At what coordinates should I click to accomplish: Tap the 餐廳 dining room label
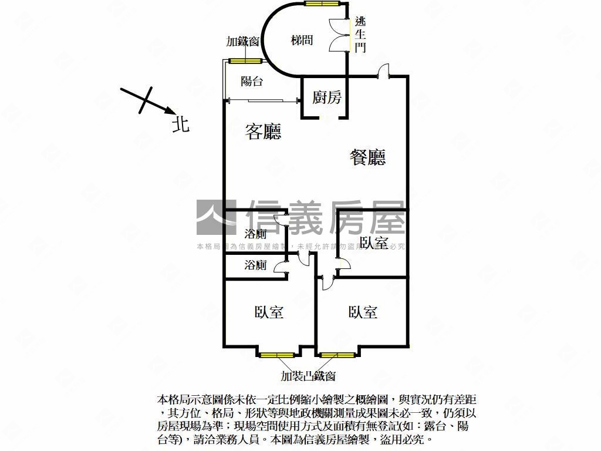368,157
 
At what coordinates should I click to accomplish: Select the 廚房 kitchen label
326,97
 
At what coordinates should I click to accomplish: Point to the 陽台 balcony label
252,82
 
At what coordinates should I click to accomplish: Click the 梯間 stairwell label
302,41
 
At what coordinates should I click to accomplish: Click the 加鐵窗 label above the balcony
243,42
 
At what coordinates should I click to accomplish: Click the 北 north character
181,124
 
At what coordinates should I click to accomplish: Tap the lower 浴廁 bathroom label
255,265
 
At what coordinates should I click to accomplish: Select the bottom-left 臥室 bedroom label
269,312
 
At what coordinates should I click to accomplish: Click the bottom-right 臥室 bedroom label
362,312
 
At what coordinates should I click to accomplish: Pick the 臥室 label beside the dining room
374,243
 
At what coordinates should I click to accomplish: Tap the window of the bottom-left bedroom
277,355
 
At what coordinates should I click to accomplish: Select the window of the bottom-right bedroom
337,355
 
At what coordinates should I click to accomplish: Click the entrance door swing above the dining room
383,70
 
